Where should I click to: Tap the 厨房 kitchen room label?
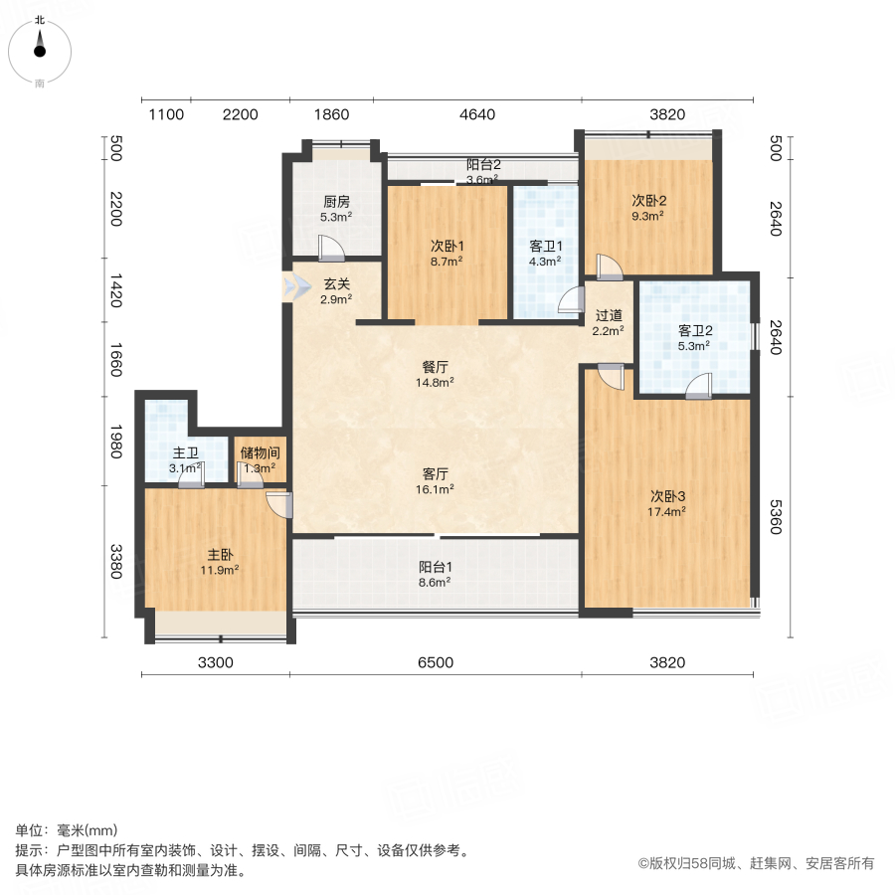336,202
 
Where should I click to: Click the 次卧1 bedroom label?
447,246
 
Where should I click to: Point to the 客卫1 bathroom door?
572,300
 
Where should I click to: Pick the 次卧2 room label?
648,200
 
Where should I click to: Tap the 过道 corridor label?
609,315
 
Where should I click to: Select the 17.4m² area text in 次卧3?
666,512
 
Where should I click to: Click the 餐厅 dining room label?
435,367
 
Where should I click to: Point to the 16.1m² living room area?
435,489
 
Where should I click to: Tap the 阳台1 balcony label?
435,567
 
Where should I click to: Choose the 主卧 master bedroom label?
220,554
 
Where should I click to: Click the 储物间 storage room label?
261,452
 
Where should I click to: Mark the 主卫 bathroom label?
186,452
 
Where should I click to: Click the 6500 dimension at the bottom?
436,662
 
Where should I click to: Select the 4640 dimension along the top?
477,114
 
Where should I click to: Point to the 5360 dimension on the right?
775,517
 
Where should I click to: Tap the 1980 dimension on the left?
116,442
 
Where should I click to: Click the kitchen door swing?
331,248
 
